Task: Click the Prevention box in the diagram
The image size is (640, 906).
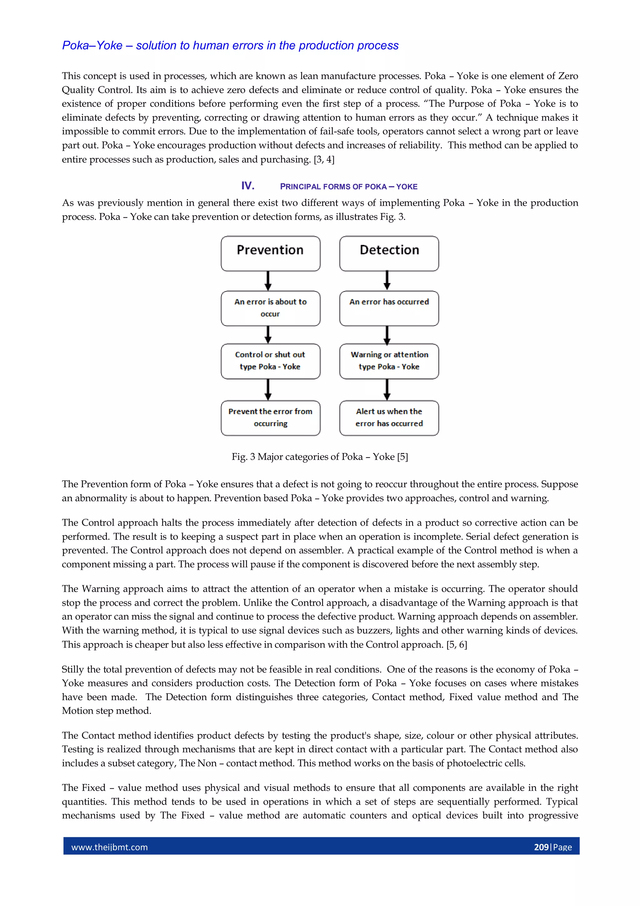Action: pos(271,253)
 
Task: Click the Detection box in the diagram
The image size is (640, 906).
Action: pos(389,253)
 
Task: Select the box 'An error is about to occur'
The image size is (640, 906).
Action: pos(271,308)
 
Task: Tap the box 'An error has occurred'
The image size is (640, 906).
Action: pos(389,308)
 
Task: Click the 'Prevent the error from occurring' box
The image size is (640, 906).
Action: pos(271,418)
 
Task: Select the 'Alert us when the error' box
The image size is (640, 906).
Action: pos(389,418)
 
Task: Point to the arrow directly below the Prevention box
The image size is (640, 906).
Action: pos(268,281)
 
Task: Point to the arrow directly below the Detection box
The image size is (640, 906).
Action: pos(387,281)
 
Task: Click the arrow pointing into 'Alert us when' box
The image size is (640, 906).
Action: pos(387,389)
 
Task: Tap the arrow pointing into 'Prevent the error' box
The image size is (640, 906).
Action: pos(268,389)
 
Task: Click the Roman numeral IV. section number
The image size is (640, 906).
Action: pos(247,186)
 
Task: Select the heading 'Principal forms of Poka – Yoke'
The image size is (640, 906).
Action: pos(348,187)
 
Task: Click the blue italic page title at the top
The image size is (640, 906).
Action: pos(230,45)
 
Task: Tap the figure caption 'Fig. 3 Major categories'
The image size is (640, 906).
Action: pos(320,457)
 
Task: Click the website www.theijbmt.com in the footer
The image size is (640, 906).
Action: pos(110,847)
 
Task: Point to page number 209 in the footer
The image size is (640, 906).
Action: pos(541,847)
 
